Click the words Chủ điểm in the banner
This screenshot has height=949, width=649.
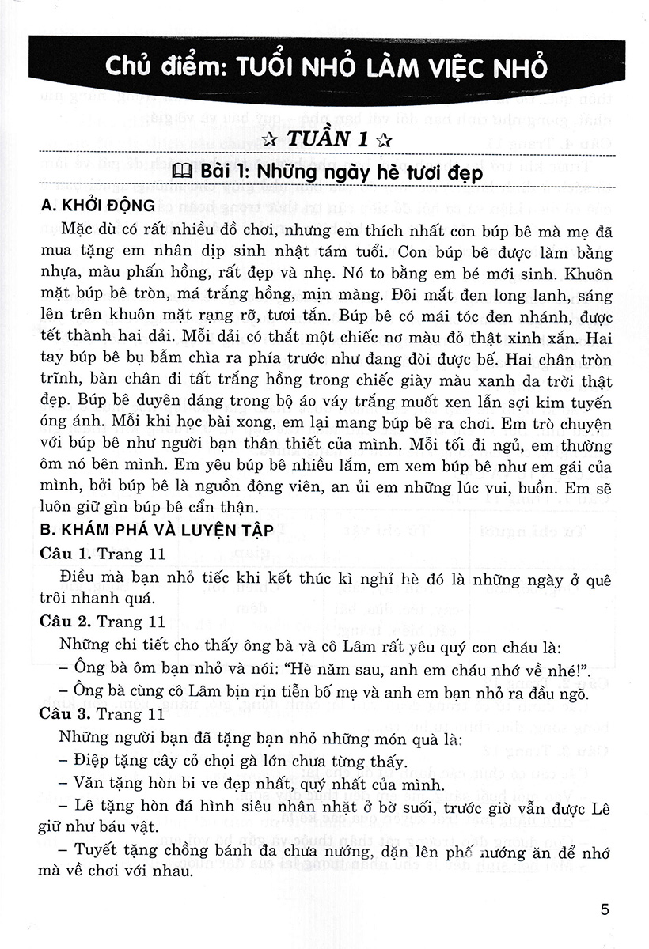point(161,68)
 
